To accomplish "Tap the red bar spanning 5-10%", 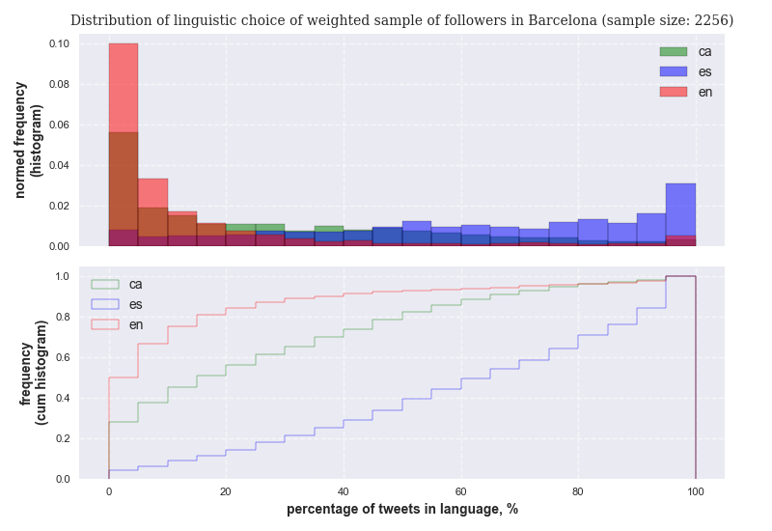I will click(x=152, y=193).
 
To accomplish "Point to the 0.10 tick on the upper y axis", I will click(x=59, y=44).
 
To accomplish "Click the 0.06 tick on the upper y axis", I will click(x=59, y=126).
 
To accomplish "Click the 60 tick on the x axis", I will click(x=460, y=491).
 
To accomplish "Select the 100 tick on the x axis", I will click(x=695, y=491).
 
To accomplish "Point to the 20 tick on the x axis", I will click(x=226, y=491).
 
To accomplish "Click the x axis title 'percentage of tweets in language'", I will click(x=401, y=510).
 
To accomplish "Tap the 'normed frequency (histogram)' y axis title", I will click(x=28, y=140).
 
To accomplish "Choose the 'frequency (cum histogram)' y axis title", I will click(x=33, y=373).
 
